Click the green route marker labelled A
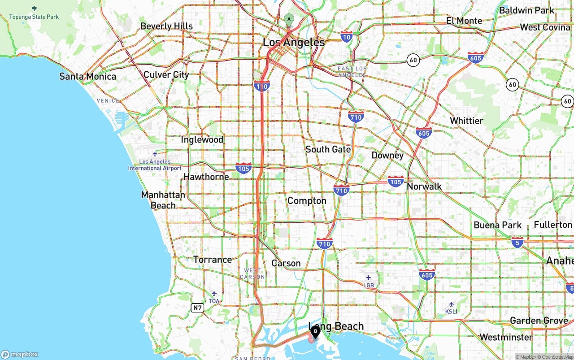click(x=289, y=19)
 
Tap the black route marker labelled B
click(x=315, y=331)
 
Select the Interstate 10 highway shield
click(x=346, y=37)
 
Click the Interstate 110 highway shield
click(x=261, y=86)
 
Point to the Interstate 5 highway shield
click(x=517, y=242)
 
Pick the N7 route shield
click(x=197, y=308)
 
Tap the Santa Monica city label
click(x=87, y=76)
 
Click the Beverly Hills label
click(x=166, y=26)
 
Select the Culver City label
click(x=166, y=74)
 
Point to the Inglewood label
click(x=202, y=140)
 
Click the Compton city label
click(x=307, y=200)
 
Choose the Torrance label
click(x=213, y=259)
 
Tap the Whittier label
click(x=466, y=121)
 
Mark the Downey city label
click(x=387, y=155)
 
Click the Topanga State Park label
click(x=34, y=17)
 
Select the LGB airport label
click(x=369, y=285)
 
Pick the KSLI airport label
click(x=451, y=311)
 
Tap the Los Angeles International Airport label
click(x=155, y=165)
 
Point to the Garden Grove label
click(x=539, y=320)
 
